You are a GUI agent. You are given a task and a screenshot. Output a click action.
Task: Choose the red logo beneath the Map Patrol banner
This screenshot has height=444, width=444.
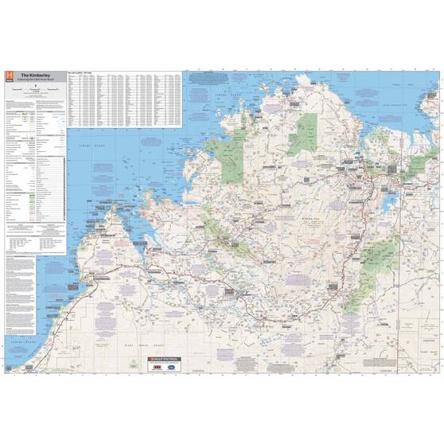tap(159, 368)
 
